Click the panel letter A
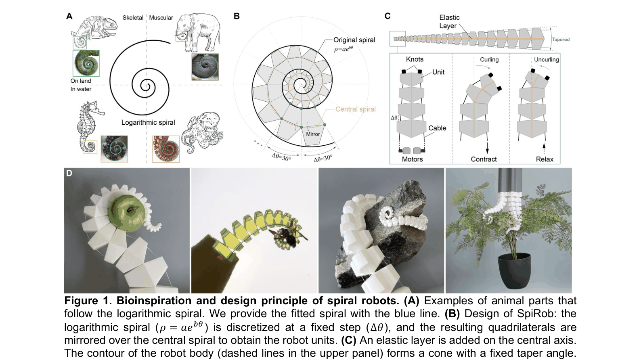tap(69, 16)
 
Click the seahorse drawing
tap(89, 126)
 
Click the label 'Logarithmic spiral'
tap(148, 122)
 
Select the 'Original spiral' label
tap(354, 40)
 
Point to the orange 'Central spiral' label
tap(355, 109)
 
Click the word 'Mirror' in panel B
tap(313, 134)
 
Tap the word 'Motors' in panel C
tap(413, 159)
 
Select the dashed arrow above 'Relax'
tap(544, 148)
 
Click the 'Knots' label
tap(415, 59)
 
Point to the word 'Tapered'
tap(561, 40)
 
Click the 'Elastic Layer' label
tap(449, 22)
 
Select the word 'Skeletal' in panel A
tap(133, 17)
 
